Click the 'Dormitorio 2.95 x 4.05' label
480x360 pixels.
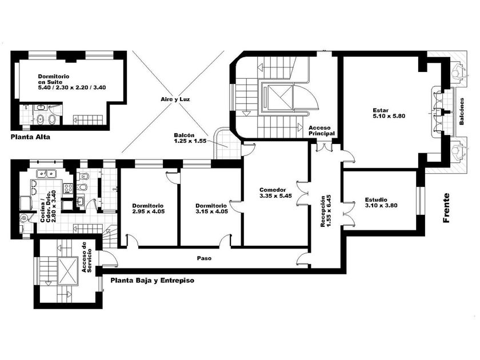(148, 208)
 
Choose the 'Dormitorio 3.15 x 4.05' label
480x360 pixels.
(211, 208)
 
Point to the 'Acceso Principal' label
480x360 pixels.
(321, 130)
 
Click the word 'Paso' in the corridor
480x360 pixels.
(205, 258)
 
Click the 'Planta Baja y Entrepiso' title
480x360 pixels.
(153, 281)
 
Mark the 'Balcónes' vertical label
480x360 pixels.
(462, 111)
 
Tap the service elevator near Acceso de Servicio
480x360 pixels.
(69, 270)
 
